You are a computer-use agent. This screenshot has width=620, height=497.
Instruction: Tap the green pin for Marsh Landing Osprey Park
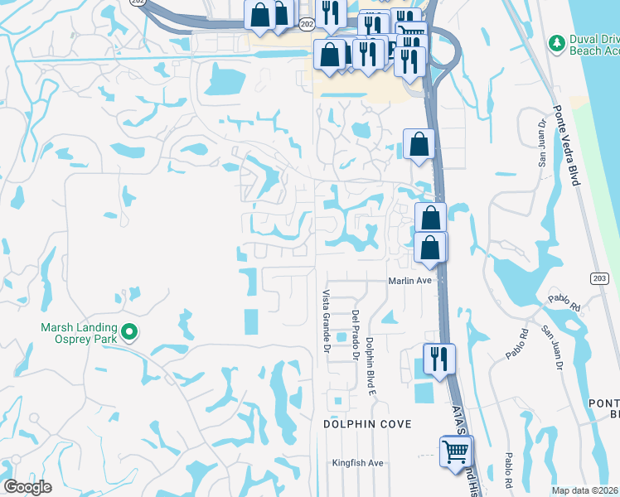click(x=128, y=333)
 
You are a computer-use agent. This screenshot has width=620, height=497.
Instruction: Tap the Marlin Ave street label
click(x=411, y=281)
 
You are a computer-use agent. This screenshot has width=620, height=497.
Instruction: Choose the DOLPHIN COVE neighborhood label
click(x=366, y=424)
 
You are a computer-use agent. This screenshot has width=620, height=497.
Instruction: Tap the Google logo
click(x=28, y=487)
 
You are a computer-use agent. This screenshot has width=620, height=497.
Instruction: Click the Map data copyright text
click(x=585, y=490)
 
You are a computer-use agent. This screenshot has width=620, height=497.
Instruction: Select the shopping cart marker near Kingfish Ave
click(x=455, y=452)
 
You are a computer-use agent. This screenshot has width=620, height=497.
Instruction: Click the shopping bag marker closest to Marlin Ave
click(x=430, y=248)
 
